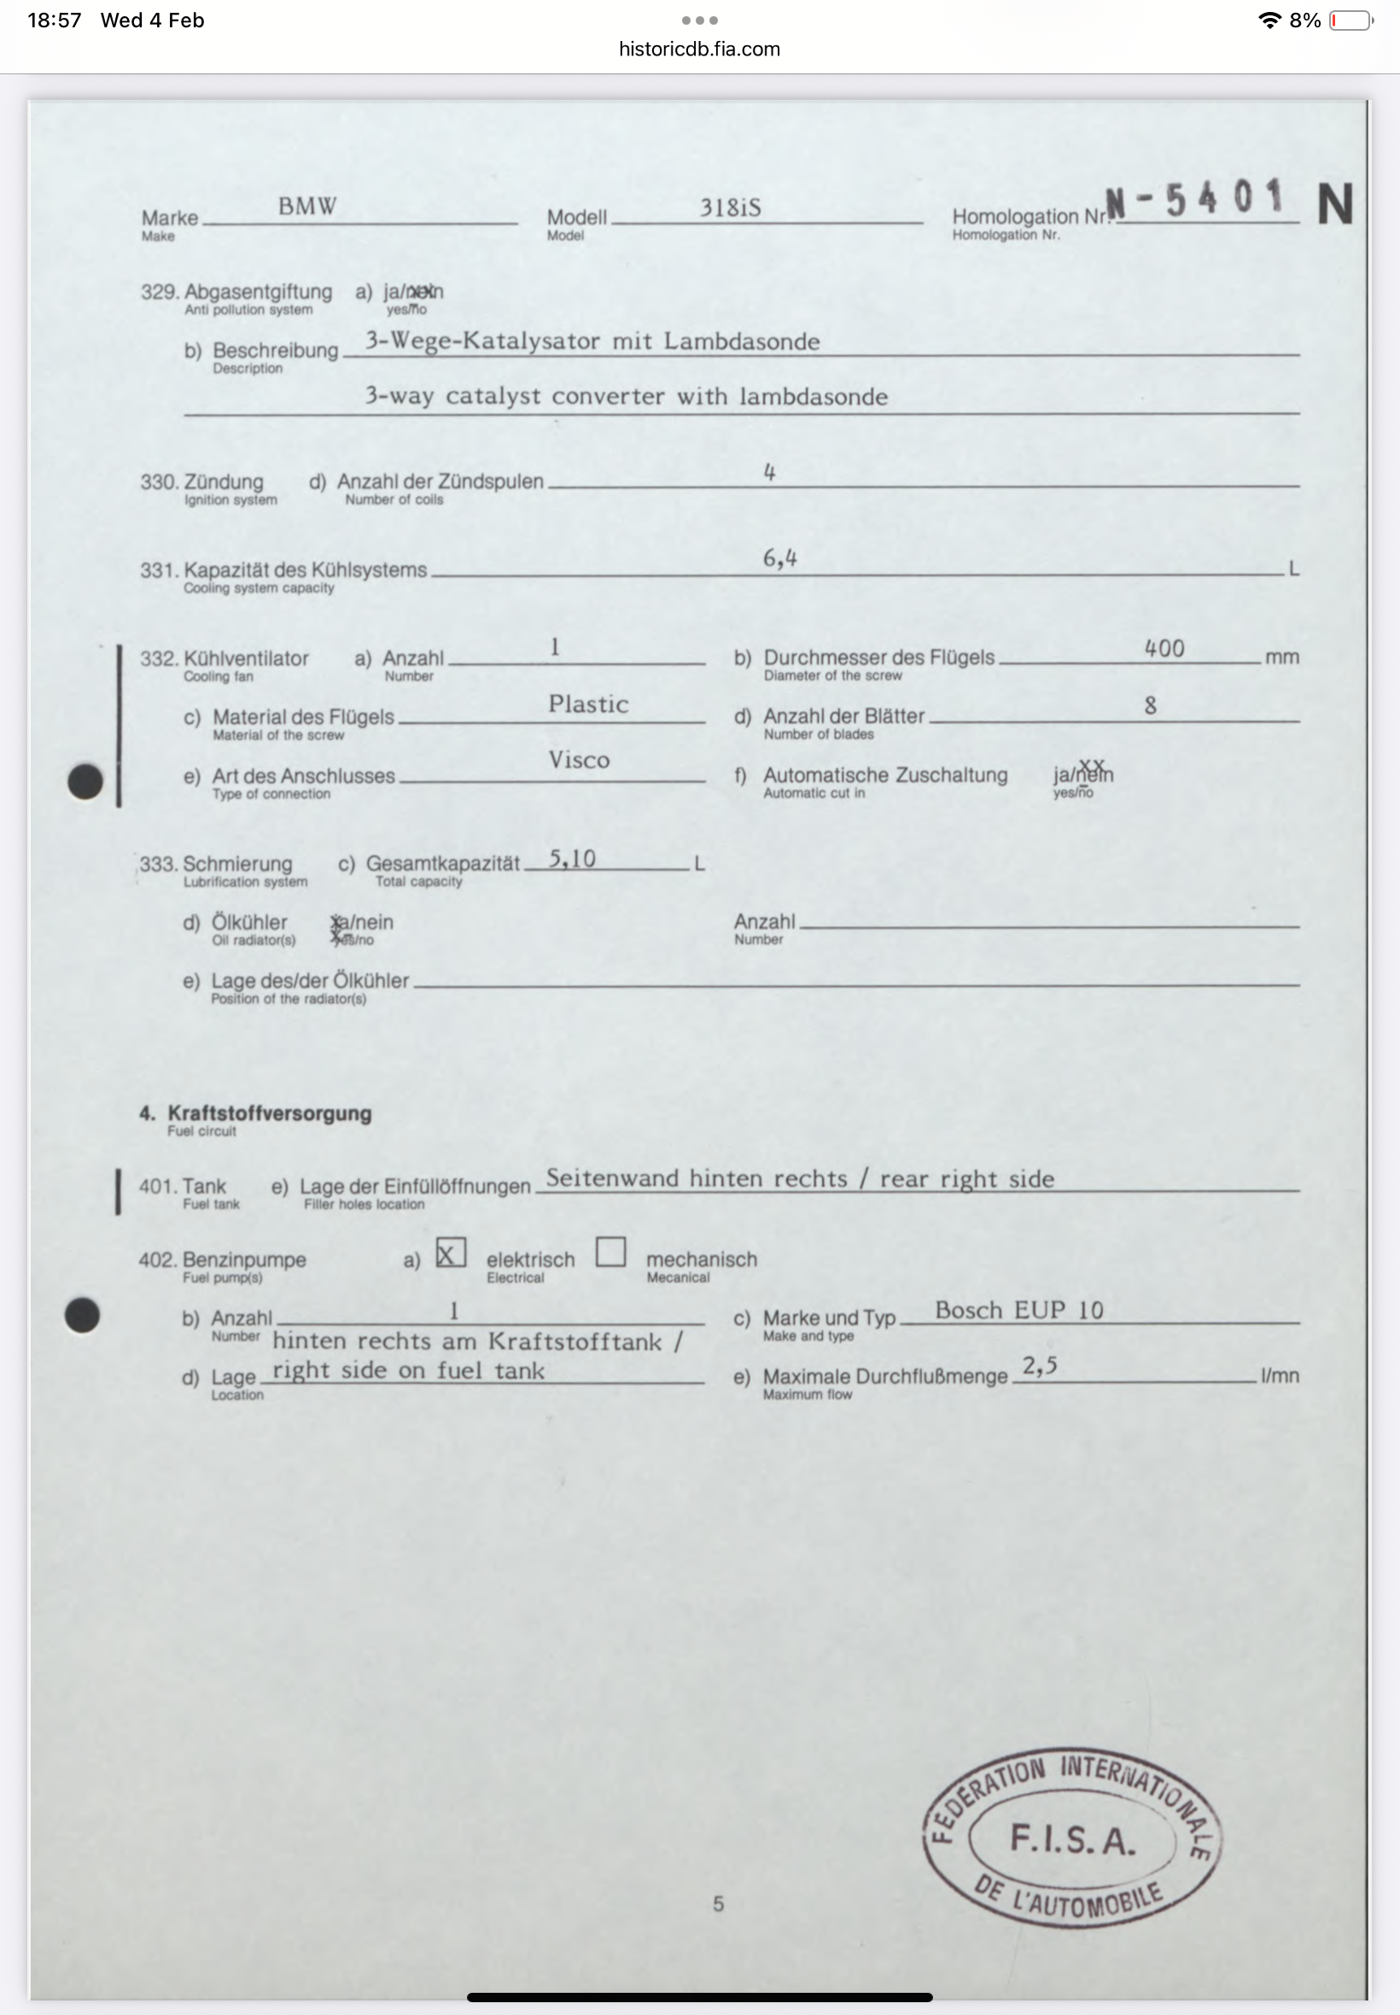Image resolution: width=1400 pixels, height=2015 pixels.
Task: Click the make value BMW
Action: pyautogui.click(x=307, y=206)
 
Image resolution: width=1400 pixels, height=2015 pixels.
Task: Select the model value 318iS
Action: pyautogui.click(x=730, y=208)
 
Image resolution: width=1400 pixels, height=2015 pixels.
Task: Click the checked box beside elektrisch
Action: pyautogui.click(x=451, y=1253)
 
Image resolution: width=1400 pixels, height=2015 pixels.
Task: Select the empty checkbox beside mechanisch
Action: pyautogui.click(x=610, y=1252)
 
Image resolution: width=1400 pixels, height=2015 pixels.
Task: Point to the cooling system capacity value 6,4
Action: pyautogui.click(x=779, y=558)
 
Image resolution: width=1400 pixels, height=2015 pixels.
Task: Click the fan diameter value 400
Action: pyautogui.click(x=1164, y=648)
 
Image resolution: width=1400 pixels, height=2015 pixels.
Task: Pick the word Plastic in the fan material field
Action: pyautogui.click(x=588, y=704)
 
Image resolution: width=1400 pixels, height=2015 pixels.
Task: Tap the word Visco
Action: pyautogui.click(x=579, y=760)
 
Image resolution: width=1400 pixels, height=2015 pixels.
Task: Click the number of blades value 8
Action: pyautogui.click(x=1150, y=705)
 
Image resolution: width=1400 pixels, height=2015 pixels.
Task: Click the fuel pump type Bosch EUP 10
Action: pyautogui.click(x=1018, y=1310)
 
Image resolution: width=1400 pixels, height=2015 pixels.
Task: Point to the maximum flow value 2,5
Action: pyautogui.click(x=1040, y=1366)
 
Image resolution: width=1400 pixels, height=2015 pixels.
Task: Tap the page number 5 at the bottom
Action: pyautogui.click(x=719, y=1904)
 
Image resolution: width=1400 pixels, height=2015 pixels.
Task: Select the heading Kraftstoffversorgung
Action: pyautogui.click(x=269, y=1113)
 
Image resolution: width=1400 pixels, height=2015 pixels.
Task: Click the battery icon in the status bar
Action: pyautogui.click(x=1350, y=20)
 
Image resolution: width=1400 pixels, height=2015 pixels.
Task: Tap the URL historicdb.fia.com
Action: pyautogui.click(x=699, y=50)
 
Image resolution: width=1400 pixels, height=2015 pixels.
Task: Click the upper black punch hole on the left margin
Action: pyautogui.click(x=85, y=780)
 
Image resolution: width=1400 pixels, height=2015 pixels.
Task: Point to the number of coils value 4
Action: pyautogui.click(x=769, y=473)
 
